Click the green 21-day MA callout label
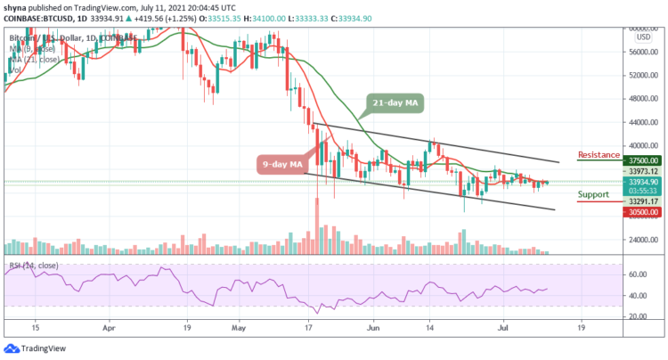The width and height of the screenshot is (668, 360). tap(395, 104)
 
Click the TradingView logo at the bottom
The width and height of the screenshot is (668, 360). tap(36, 348)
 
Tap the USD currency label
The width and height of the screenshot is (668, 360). tap(641, 37)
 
